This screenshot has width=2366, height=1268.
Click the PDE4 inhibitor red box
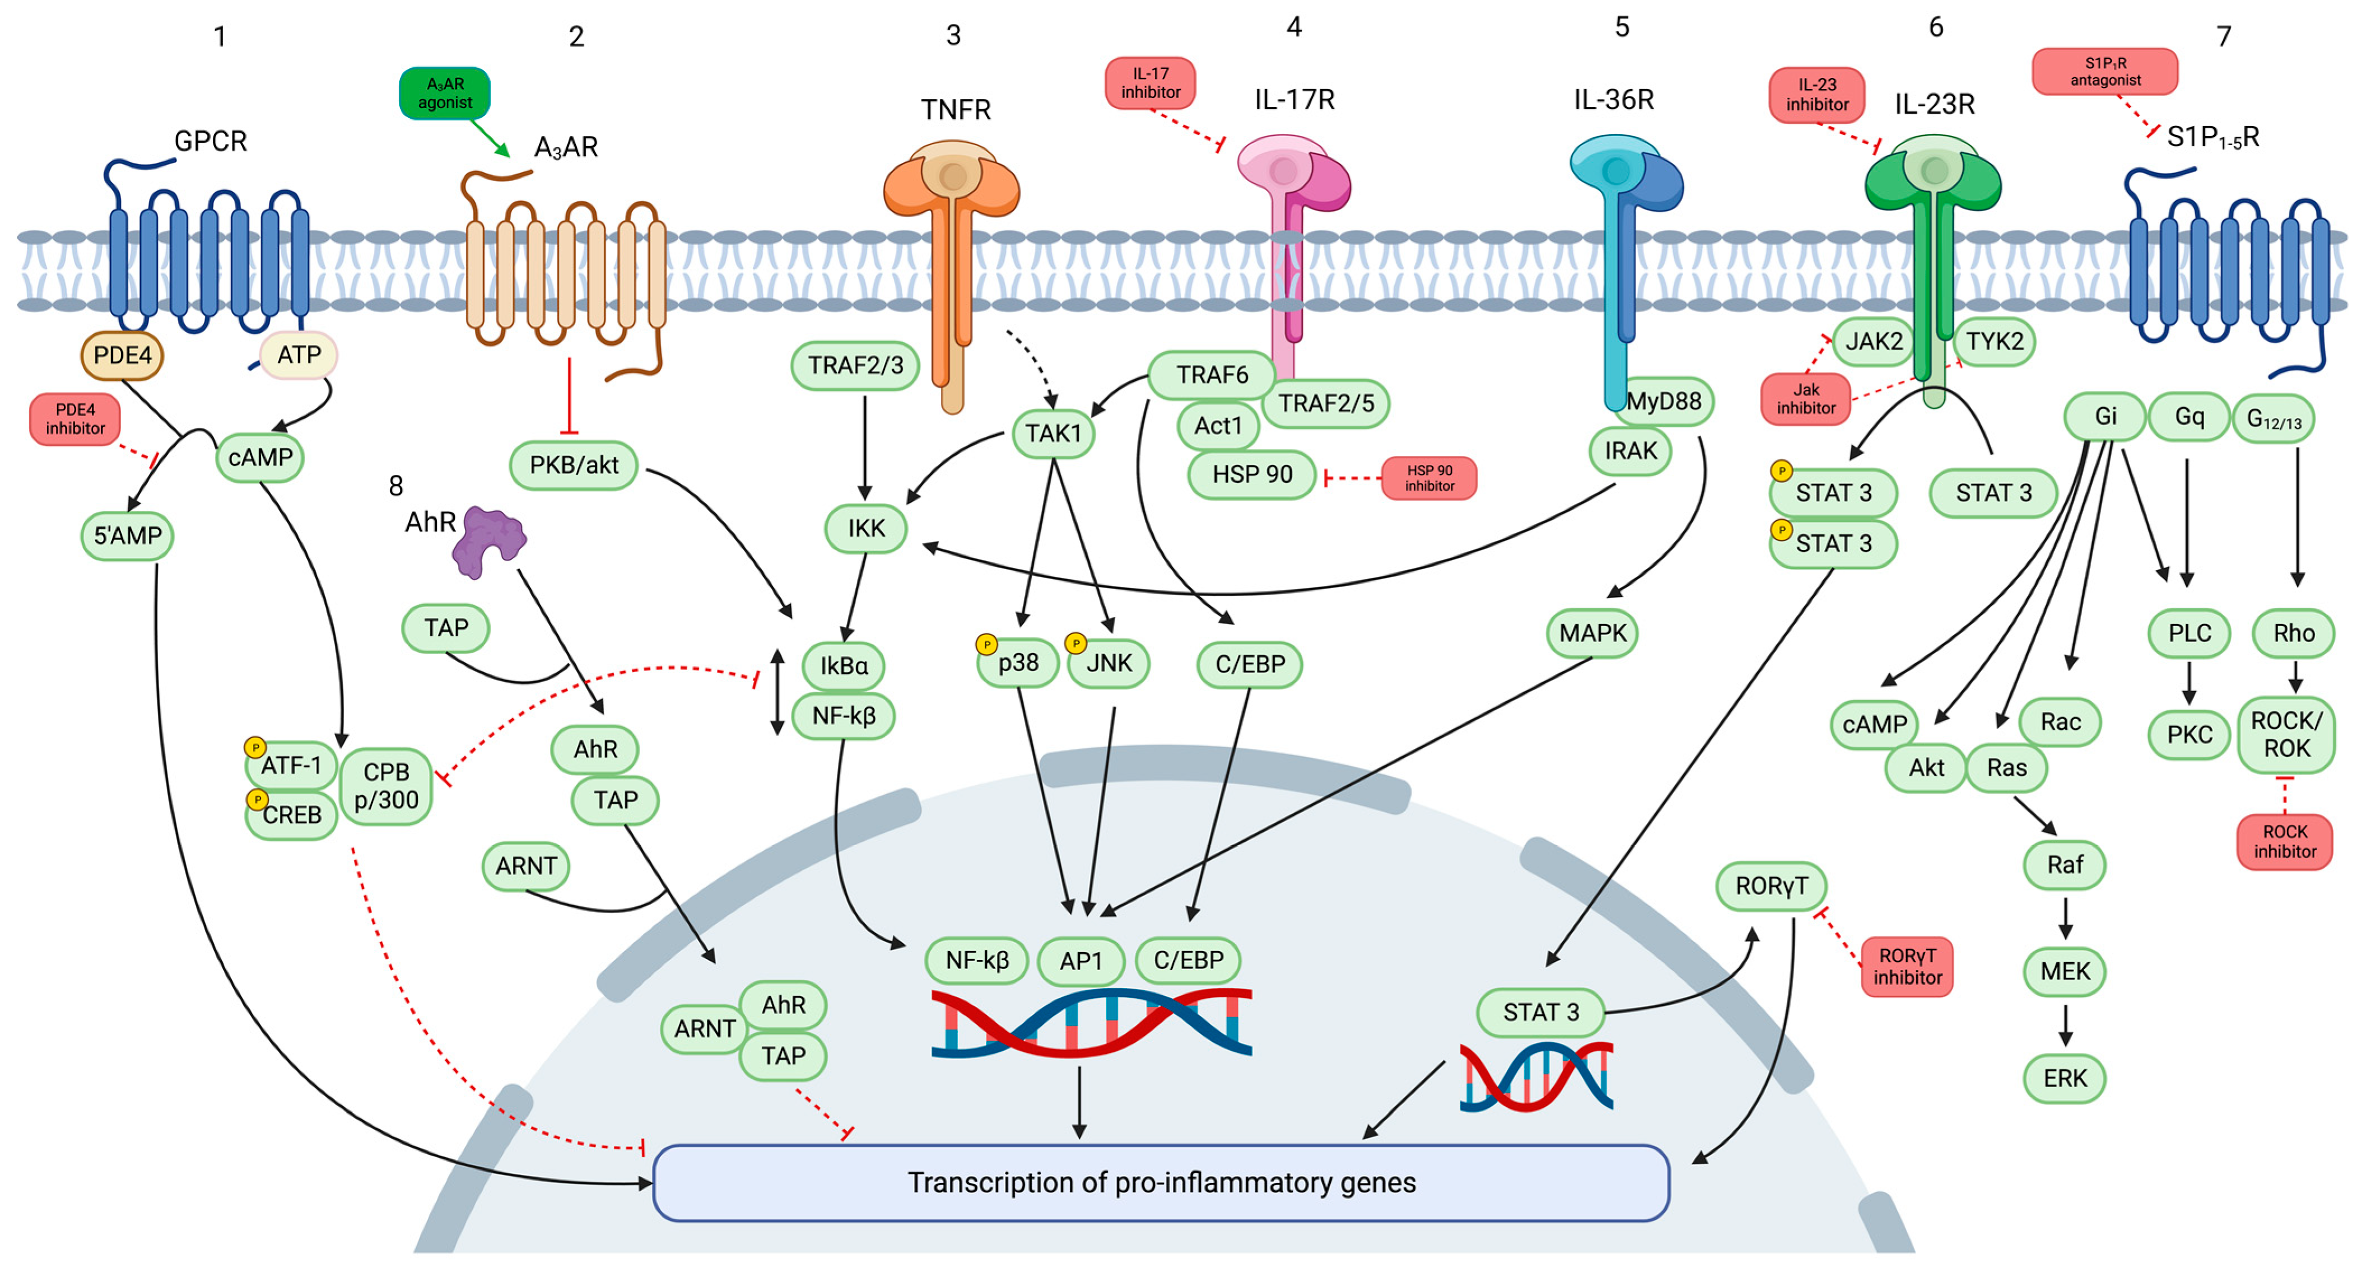[x=75, y=419]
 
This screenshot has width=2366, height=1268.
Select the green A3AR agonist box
[x=445, y=94]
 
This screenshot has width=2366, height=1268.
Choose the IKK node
[x=866, y=529]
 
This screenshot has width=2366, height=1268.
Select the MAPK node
[x=1592, y=633]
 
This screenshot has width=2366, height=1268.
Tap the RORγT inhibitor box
[x=1907, y=967]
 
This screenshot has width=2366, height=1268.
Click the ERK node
[x=2064, y=1079]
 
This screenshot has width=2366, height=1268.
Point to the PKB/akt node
[x=574, y=465]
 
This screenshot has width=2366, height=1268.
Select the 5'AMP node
[x=128, y=536]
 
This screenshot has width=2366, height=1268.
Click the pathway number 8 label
[x=396, y=486]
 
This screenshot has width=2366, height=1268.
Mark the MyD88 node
[x=1664, y=401]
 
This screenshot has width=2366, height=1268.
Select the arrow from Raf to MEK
[x=2065, y=918]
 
